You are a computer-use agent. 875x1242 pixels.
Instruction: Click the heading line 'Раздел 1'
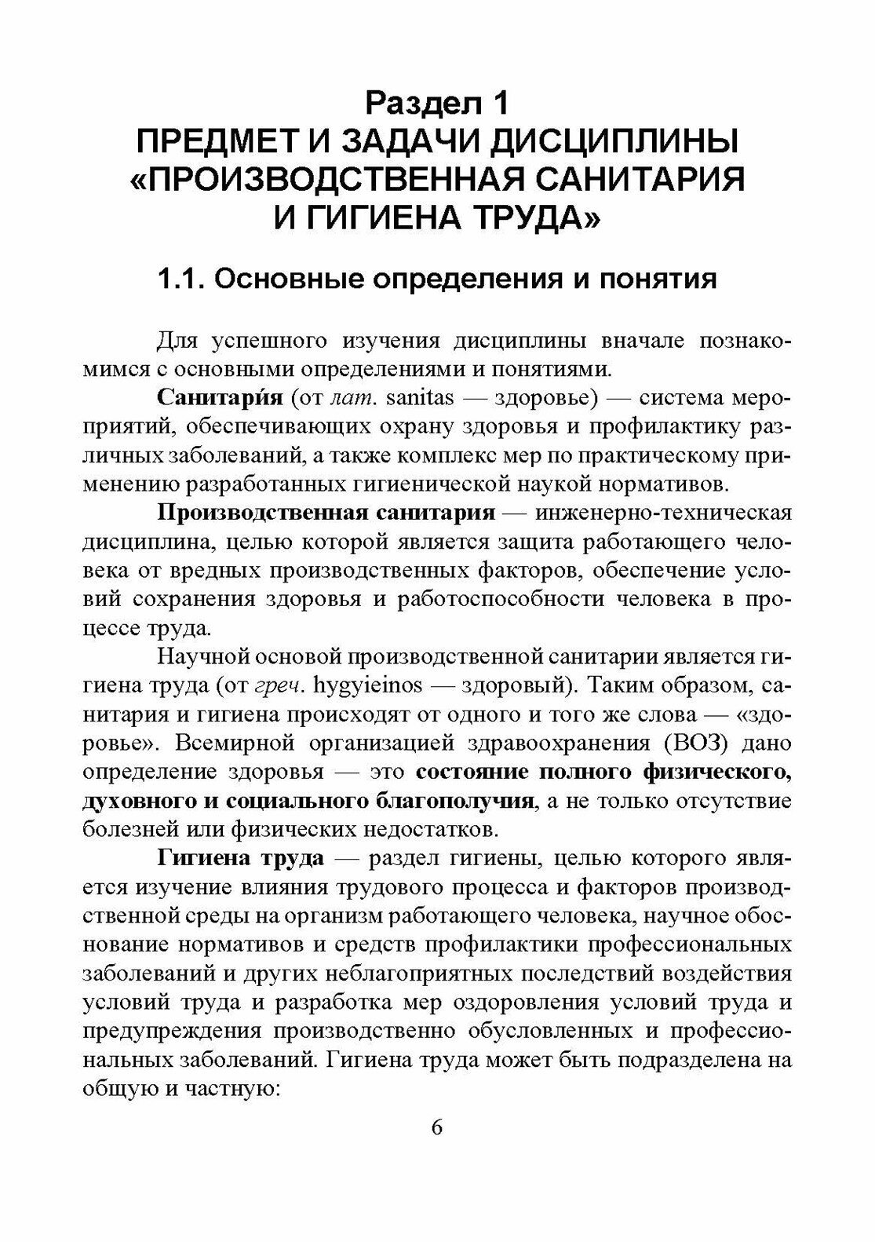pyautogui.click(x=437, y=102)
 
